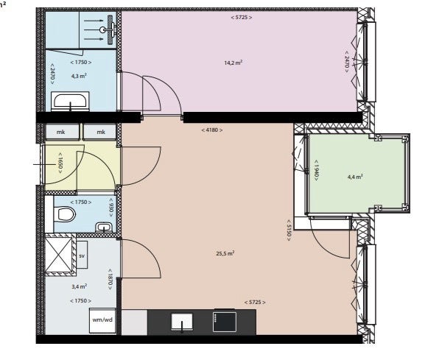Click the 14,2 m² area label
pyautogui.click(x=233, y=63)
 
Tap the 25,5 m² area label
pyautogui.click(x=225, y=253)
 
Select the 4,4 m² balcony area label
pyautogui.click(x=355, y=177)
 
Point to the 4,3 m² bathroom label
pyautogui.click(x=79, y=76)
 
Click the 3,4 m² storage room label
pyautogui.click(x=80, y=287)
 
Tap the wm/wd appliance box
pyautogui.click(x=102, y=320)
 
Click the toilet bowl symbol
pyautogui.click(x=66, y=213)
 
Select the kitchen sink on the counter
pyautogui.click(x=182, y=322)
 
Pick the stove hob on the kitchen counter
pyautogui.click(x=225, y=322)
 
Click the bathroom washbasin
pyautogui.click(x=70, y=101)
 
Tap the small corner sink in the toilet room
pyautogui.click(x=104, y=227)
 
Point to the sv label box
pyautogui.click(x=82, y=255)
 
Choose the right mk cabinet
pyautogui.click(x=99, y=132)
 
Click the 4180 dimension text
pyautogui.click(x=212, y=130)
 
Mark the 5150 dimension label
pyautogui.click(x=288, y=230)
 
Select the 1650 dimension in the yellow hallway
pyautogui.click(x=60, y=163)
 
